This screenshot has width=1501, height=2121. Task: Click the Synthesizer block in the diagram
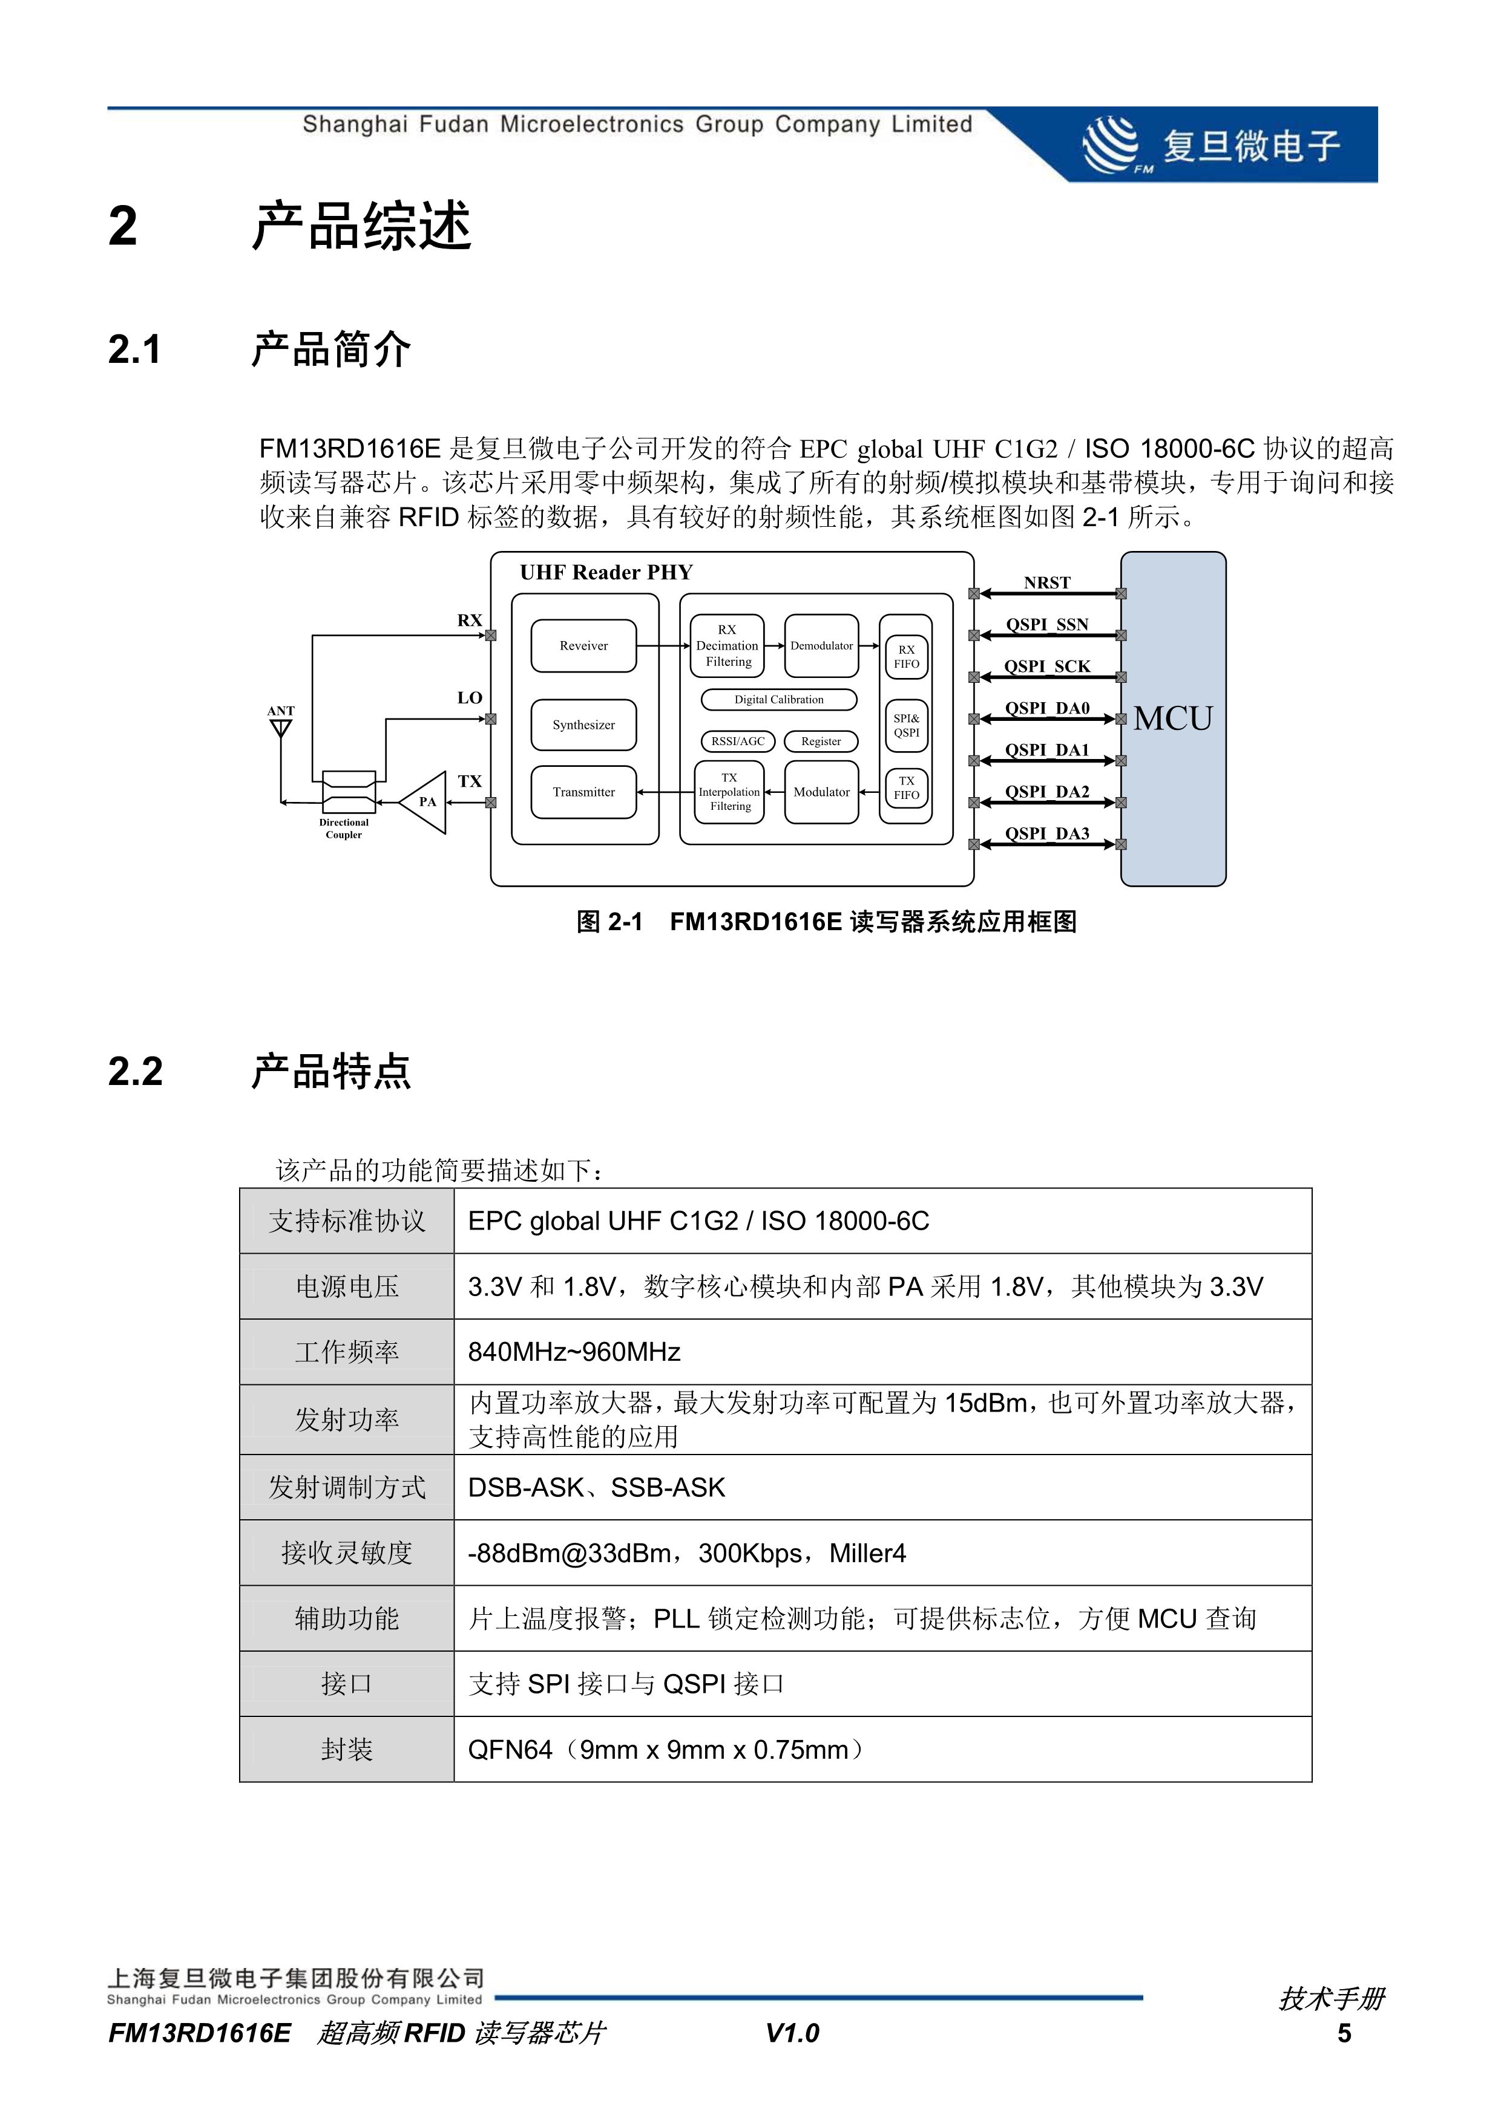click(x=583, y=725)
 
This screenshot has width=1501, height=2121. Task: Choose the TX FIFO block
click(x=906, y=788)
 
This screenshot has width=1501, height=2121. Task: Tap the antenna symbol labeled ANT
click(x=280, y=727)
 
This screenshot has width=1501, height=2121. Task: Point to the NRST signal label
click(x=1046, y=583)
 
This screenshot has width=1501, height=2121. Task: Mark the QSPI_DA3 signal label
click(x=1046, y=833)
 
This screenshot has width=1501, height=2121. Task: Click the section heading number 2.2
click(x=135, y=1072)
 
